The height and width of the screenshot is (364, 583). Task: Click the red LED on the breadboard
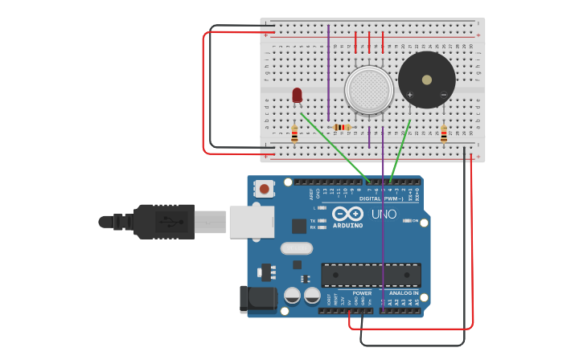click(x=297, y=96)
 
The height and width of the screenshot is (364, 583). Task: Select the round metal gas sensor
click(x=369, y=88)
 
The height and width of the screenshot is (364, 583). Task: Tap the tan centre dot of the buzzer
click(x=427, y=79)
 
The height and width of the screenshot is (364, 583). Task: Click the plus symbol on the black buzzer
click(x=410, y=96)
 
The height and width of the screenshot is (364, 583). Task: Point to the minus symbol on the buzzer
click(x=443, y=96)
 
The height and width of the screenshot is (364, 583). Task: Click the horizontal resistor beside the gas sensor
click(x=342, y=127)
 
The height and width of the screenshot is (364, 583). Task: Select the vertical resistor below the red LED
click(x=294, y=135)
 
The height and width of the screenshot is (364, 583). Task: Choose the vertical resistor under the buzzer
click(x=444, y=134)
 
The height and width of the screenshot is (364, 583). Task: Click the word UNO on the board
click(x=384, y=215)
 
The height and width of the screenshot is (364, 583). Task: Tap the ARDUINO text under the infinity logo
click(x=347, y=226)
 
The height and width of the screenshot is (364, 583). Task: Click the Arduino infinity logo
click(x=347, y=215)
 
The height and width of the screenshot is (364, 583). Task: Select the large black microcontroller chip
click(x=371, y=275)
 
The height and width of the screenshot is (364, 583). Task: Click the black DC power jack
click(x=257, y=299)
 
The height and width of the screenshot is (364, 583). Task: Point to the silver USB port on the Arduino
click(x=252, y=222)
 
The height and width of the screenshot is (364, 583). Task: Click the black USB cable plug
click(x=165, y=222)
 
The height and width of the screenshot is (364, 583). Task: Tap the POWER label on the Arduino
click(x=363, y=293)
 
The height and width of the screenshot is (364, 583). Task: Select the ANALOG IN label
click(x=404, y=293)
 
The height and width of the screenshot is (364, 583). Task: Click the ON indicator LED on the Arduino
click(x=407, y=221)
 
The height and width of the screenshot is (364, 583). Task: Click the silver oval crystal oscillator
click(x=296, y=248)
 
